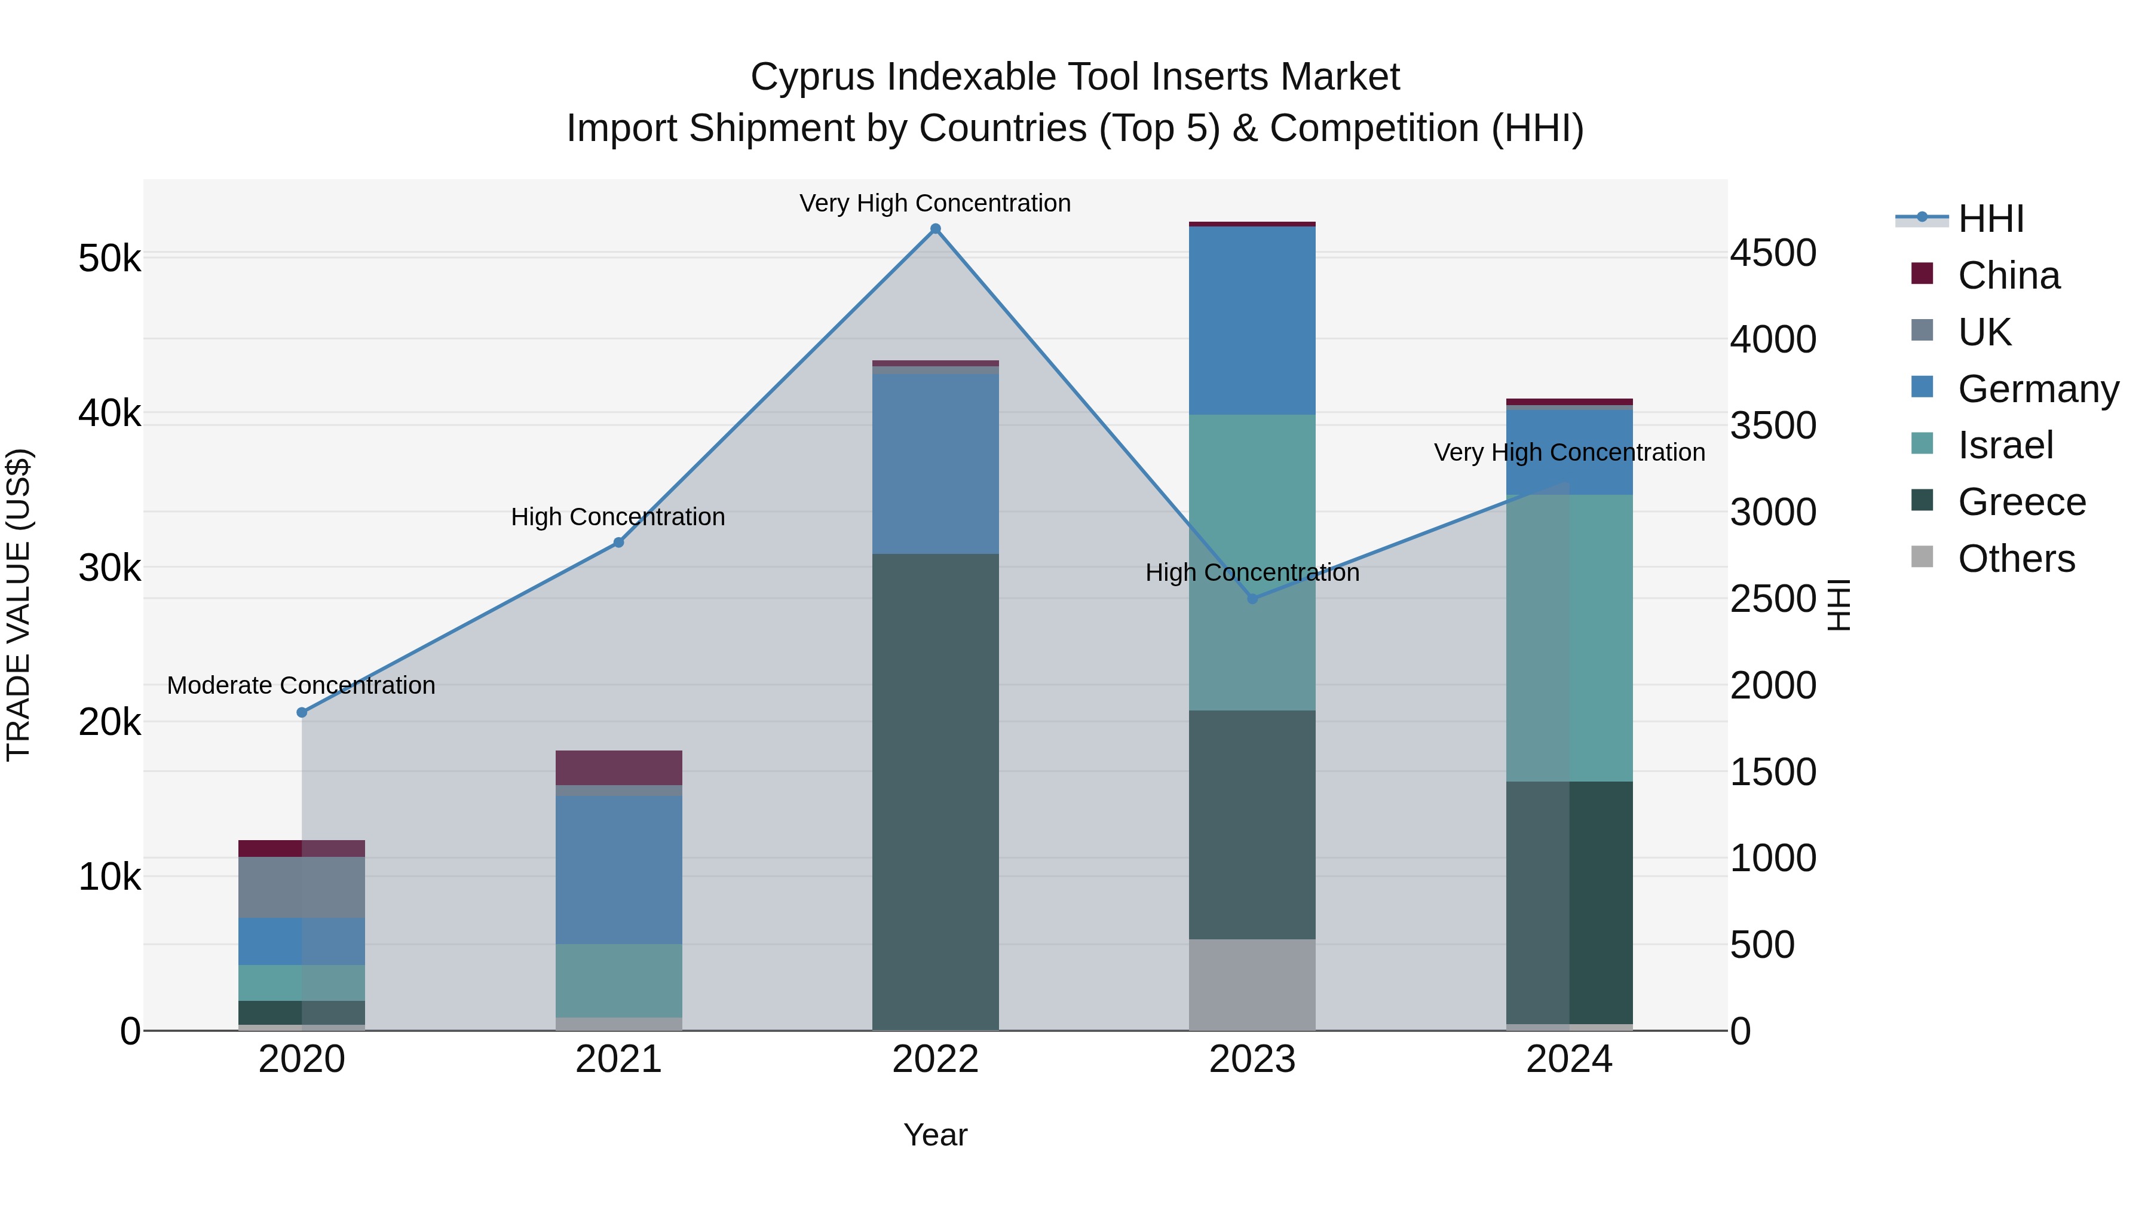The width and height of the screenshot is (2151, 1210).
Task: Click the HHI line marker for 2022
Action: (935, 229)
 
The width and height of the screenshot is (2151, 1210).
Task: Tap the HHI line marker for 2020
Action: (302, 712)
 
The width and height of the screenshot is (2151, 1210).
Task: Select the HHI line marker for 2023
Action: (1252, 599)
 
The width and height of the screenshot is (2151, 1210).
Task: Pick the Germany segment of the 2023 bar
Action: (1252, 321)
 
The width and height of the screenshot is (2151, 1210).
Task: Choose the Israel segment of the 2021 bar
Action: (619, 981)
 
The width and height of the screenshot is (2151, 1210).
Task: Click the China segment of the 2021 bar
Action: (619, 767)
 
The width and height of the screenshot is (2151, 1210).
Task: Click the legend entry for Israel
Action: (2004, 445)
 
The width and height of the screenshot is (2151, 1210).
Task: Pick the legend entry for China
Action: (2008, 275)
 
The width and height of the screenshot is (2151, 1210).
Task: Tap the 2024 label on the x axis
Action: (1569, 1059)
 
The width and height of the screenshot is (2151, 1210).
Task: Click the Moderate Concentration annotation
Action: (302, 685)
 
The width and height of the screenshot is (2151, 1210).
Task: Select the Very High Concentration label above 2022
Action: (935, 203)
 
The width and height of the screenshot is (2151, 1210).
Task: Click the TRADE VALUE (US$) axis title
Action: (19, 605)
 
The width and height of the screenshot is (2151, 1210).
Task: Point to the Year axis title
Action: (935, 1135)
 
